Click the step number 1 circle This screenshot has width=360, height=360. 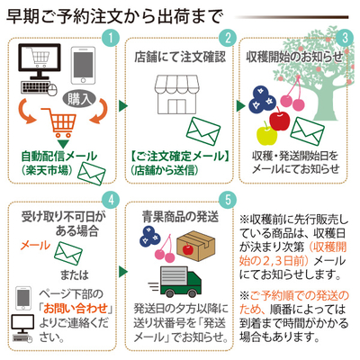[111, 38]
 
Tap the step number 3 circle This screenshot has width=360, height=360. [345, 38]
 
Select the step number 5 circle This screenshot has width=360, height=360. [228, 200]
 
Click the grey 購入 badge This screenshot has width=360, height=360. [79, 99]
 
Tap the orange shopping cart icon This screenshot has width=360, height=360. [60, 122]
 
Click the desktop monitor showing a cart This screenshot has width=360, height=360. [40, 61]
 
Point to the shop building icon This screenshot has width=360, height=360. [176, 94]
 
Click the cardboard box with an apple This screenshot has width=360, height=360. [196, 246]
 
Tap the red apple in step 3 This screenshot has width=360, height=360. [280, 120]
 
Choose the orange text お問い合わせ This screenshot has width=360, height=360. [76, 309]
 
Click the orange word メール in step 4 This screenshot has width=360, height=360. [35, 246]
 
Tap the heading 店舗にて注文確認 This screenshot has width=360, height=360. [180, 57]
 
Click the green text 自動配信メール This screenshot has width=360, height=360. [59, 156]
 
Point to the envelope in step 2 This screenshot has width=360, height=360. [203, 131]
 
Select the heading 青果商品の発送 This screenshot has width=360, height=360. [180, 217]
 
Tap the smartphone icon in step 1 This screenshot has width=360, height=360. [83, 66]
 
